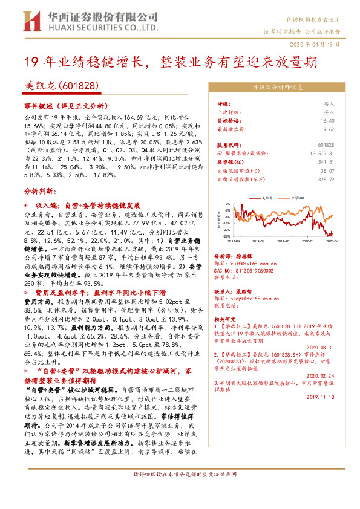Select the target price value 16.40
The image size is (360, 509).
pos(327,120)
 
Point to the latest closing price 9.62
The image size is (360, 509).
pos(329,129)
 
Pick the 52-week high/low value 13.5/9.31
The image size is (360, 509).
pos(321,154)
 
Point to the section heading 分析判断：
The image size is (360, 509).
pos(41,190)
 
